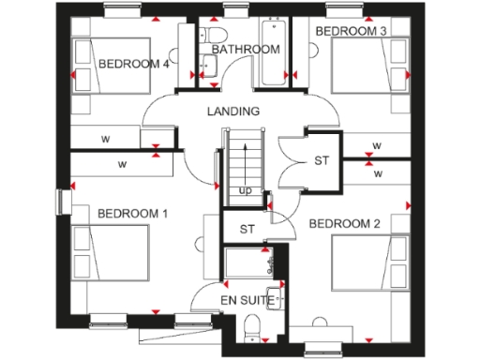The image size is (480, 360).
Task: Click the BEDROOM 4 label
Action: click(134, 64)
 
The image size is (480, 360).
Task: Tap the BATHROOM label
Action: click(246, 49)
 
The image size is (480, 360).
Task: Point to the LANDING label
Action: click(233, 112)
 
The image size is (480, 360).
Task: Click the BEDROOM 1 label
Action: click(132, 214)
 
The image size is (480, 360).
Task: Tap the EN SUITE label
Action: click(247, 301)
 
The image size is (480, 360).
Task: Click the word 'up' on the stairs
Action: click(246, 191)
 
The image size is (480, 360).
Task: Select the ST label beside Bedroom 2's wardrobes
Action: click(322, 161)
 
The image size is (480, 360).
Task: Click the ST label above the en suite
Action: click(247, 229)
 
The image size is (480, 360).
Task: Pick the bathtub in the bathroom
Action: click(276, 53)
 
